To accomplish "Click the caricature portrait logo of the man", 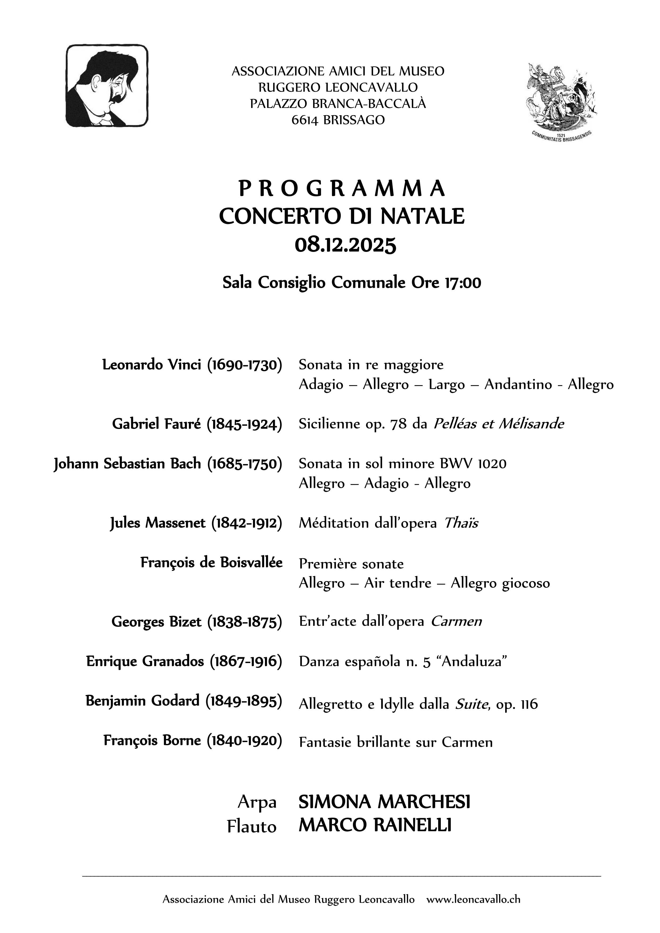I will coord(107,86).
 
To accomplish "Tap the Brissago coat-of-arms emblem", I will coord(562,101).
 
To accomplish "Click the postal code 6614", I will coord(305,120).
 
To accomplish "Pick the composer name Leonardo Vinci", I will coord(152,365).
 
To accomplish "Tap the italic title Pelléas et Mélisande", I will coord(498,424).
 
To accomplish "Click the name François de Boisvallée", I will coord(211,563).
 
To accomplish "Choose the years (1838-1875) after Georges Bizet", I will coord(245,622).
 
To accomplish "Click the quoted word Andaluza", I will coord(474,661).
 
